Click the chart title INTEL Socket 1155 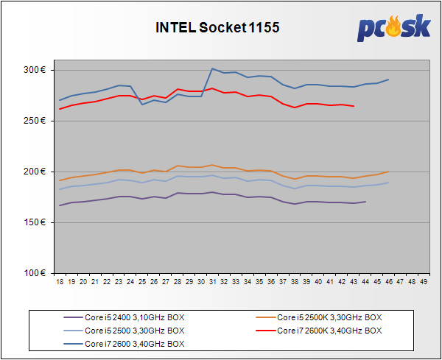(217, 27)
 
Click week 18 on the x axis (60, 282)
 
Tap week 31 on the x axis (212, 282)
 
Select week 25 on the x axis (142, 282)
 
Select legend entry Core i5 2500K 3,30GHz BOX (329, 317)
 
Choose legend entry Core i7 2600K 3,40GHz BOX (329, 331)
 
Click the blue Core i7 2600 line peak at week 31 (212, 68)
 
